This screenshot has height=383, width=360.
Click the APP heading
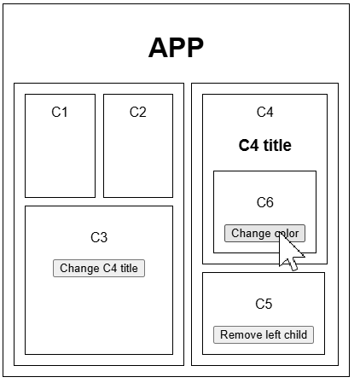coord(176,48)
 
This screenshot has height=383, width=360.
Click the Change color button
coord(264,234)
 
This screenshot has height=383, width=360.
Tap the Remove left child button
coord(264,334)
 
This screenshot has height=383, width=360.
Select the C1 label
coord(60,112)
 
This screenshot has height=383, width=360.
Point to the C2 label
coord(138,112)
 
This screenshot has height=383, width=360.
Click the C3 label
coord(99,237)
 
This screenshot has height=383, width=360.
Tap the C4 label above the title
coord(264,112)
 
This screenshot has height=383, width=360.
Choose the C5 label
coord(264,304)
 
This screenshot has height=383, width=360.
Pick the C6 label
coord(264,202)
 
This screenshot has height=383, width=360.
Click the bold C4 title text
coord(265,145)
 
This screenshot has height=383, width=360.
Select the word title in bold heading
coord(277,145)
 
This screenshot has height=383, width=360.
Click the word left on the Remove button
coord(270,334)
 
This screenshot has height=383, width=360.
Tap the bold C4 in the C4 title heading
coord(248,145)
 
